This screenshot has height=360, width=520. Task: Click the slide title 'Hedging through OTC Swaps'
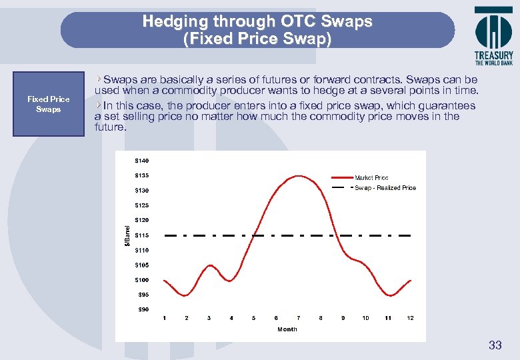pos(257,21)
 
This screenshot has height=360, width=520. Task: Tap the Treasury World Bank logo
pos(493,36)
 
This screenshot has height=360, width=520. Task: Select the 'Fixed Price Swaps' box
pos(48,104)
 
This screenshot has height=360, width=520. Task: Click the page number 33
pos(495,345)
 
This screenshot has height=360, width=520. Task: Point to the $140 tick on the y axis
pos(141,161)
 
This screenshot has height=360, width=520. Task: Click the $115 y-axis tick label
pos(141,235)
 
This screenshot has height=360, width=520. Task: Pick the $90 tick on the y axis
pos(143,309)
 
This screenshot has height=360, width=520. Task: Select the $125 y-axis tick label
pos(141,205)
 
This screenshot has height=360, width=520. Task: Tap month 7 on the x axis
pos(298,318)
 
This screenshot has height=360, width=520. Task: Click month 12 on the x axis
pos(410,318)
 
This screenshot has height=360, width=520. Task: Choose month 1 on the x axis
pos(164,318)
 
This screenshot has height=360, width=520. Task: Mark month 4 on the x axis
pos(231,318)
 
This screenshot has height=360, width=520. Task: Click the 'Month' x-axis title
pos(287,329)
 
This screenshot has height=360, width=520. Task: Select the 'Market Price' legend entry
pos(371,178)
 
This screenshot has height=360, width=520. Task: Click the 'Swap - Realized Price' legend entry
pos(385,188)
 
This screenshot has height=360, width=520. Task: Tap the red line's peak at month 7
pos(298,176)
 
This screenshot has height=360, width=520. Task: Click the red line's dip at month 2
pos(187,295)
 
